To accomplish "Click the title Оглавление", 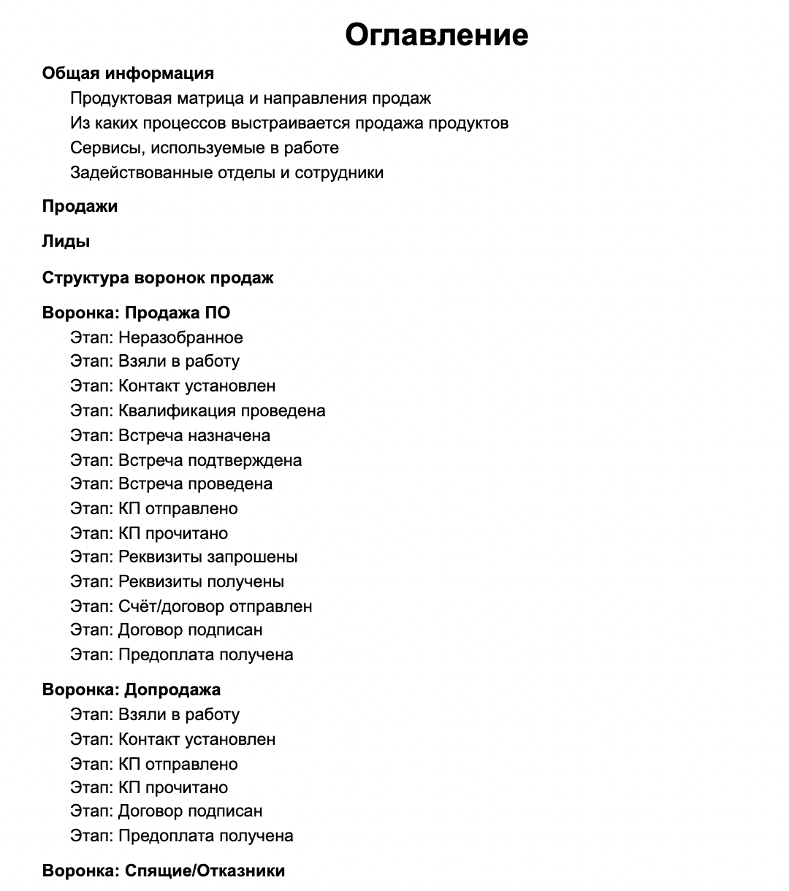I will pyautogui.click(x=436, y=34).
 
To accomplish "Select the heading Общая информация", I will pyautogui.click(x=128, y=73).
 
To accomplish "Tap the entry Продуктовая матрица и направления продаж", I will pyautogui.click(x=251, y=98).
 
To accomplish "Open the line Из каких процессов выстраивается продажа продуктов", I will pyautogui.click(x=289, y=123).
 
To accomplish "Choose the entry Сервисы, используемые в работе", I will pyautogui.click(x=205, y=148).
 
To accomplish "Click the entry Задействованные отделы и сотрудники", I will pyautogui.click(x=226, y=172).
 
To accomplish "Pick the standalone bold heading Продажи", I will pyautogui.click(x=80, y=206).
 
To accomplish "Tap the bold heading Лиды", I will pyautogui.click(x=66, y=242).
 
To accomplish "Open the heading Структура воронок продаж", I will pyautogui.click(x=158, y=278).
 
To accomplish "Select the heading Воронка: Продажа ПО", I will pyautogui.click(x=136, y=313).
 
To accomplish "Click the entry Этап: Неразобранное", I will pyautogui.click(x=156, y=337).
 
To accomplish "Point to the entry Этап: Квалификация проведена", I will pyautogui.click(x=197, y=410).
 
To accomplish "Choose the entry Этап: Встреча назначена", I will pyautogui.click(x=170, y=435).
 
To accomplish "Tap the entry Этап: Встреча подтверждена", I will pyautogui.click(x=186, y=460).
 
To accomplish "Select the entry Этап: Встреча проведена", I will pyautogui.click(x=171, y=483).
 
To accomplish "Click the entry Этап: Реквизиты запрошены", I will pyautogui.click(x=183, y=557).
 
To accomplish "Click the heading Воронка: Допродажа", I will pyautogui.click(x=131, y=689).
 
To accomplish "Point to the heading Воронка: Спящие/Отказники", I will pyautogui.click(x=164, y=871).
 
